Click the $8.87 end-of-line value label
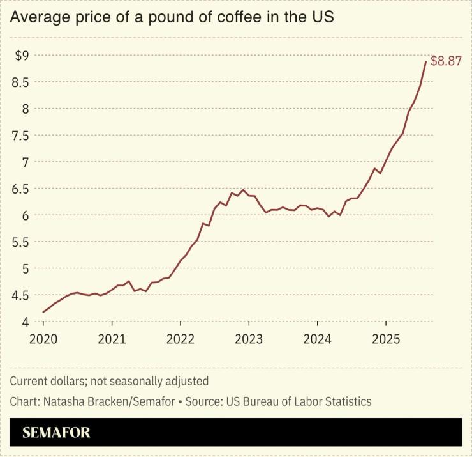(446, 62)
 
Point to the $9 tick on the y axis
(22, 56)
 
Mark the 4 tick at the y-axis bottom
(25, 322)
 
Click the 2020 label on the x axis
(43, 338)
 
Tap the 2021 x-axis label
(112, 338)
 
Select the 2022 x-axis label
(181, 338)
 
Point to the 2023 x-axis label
(249, 338)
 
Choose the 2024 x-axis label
(318, 338)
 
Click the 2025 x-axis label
(386, 338)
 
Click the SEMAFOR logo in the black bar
(56, 433)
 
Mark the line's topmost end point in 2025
(425, 61)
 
